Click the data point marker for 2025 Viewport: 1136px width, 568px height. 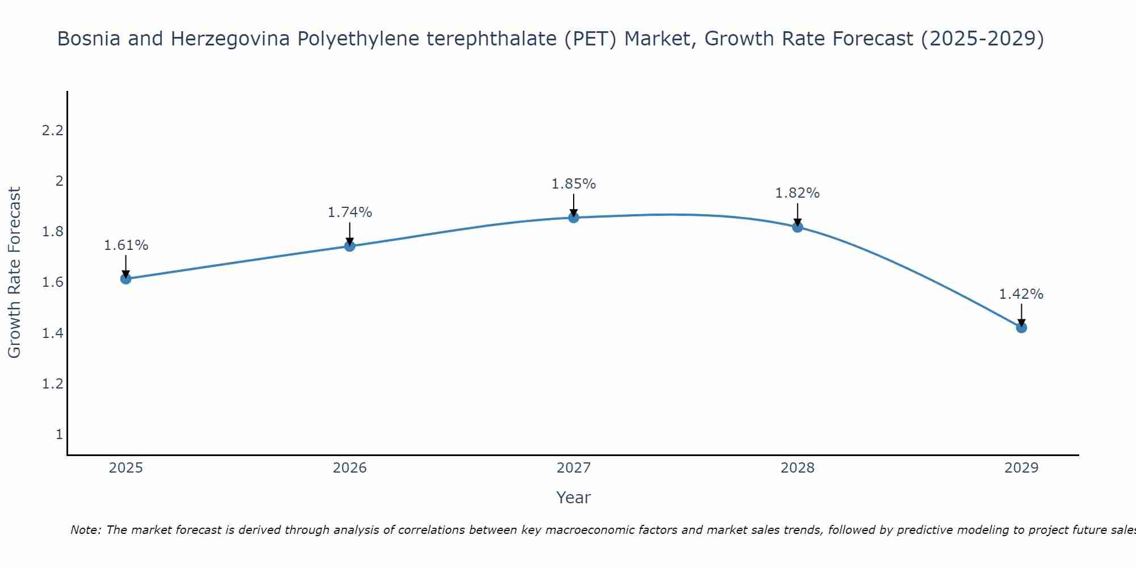(x=126, y=278)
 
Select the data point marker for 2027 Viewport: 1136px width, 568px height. (x=574, y=218)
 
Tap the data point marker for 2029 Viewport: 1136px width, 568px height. (x=1021, y=327)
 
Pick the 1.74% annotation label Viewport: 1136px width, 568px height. (x=350, y=212)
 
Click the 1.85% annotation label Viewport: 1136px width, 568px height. (x=574, y=184)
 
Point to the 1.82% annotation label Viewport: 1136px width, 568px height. (x=797, y=193)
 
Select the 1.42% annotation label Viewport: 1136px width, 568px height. (x=1021, y=294)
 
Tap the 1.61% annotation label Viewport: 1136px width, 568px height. (x=126, y=245)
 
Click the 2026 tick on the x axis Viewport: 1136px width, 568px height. (x=350, y=468)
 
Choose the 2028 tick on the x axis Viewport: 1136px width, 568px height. (x=797, y=468)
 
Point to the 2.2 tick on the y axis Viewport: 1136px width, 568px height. (x=52, y=131)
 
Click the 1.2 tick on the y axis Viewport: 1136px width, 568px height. (x=52, y=384)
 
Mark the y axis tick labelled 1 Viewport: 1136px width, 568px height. (x=59, y=435)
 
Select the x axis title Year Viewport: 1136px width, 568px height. (x=574, y=498)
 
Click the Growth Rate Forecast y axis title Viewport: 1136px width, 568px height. (x=15, y=273)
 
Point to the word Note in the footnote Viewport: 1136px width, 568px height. (x=84, y=530)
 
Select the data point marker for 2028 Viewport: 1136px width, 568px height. (x=797, y=227)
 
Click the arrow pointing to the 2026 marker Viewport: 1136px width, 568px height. (x=350, y=234)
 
